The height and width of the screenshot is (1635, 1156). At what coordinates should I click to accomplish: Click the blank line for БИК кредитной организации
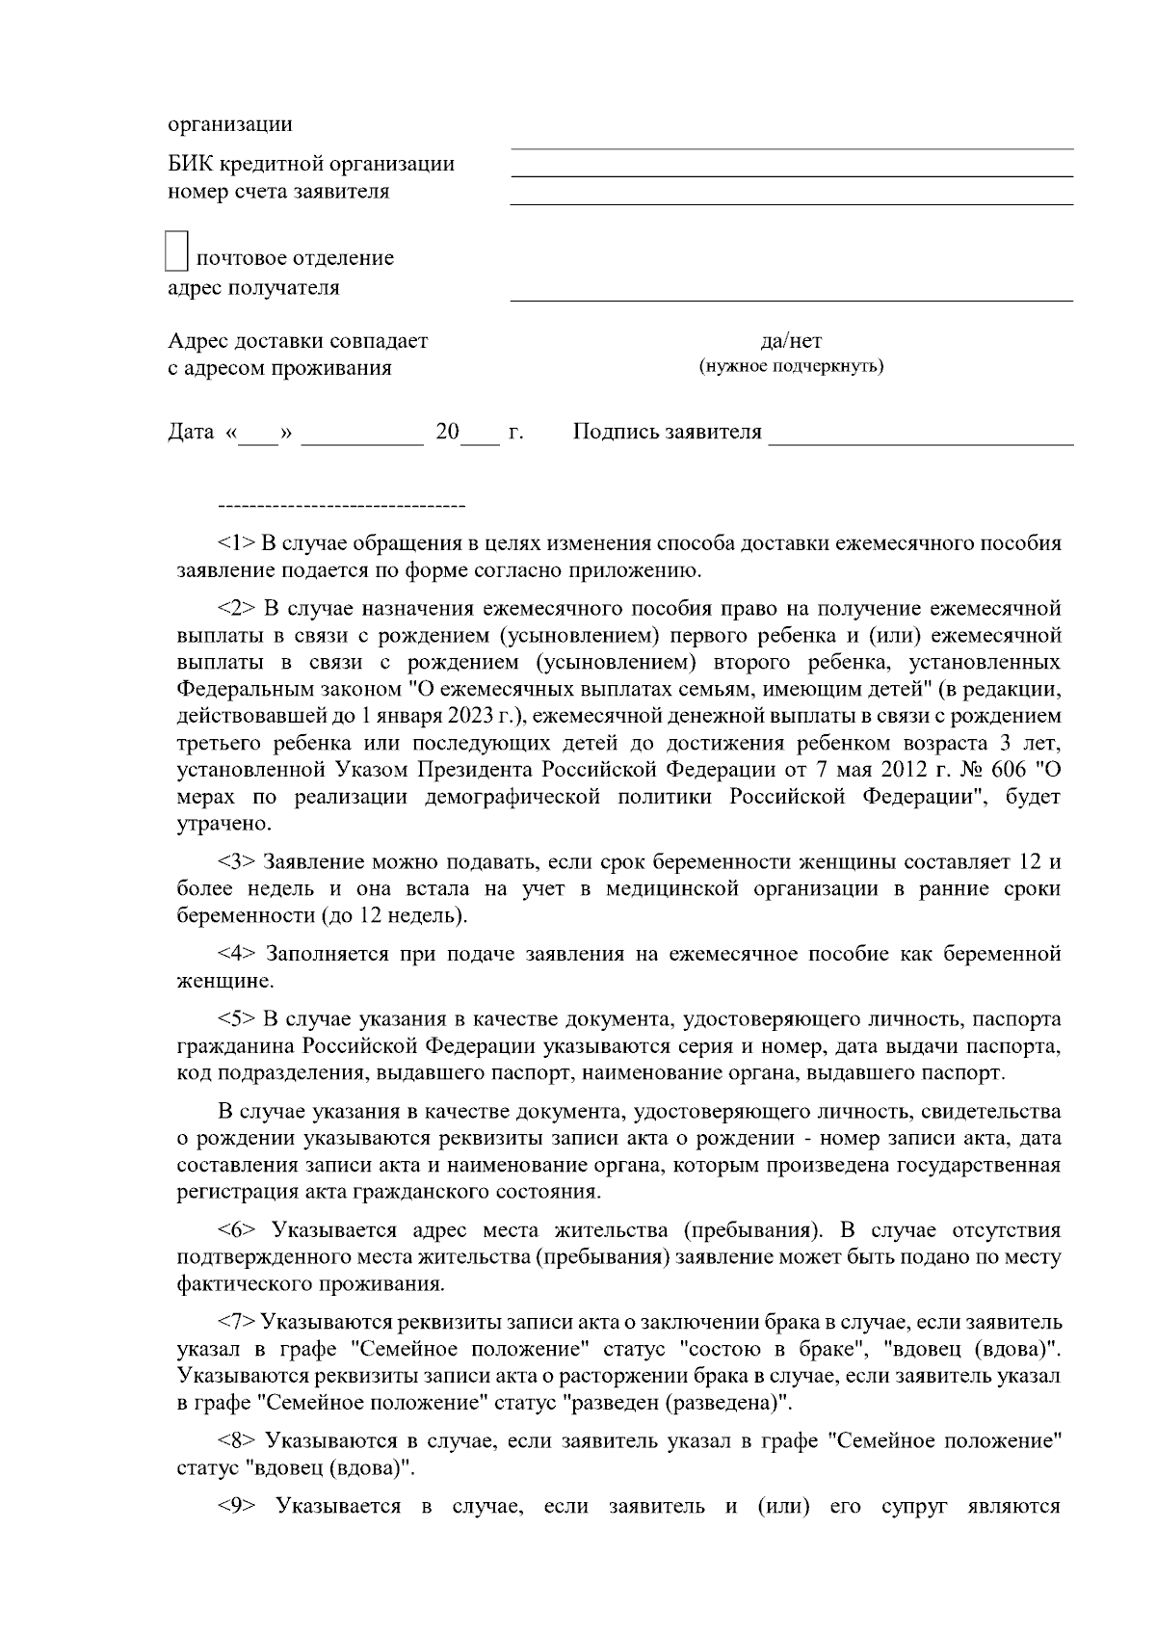click(x=790, y=175)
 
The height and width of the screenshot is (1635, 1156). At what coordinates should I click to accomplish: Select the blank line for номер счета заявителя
click(x=790, y=203)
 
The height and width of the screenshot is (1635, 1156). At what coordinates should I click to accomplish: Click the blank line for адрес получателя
click(x=790, y=300)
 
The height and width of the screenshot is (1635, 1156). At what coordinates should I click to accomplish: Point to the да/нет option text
click(x=791, y=341)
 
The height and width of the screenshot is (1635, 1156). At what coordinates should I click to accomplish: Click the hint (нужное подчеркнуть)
click(x=791, y=367)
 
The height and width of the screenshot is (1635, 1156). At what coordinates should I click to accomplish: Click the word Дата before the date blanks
click(x=191, y=432)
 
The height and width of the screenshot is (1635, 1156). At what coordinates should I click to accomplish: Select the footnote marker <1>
click(x=236, y=543)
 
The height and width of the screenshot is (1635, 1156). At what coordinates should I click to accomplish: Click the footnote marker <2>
click(x=236, y=609)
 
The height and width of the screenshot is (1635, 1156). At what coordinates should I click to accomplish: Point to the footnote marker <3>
click(x=236, y=861)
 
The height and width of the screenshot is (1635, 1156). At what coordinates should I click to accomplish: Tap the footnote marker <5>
click(x=236, y=1019)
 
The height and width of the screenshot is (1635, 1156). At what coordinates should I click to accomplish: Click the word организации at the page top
click(x=231, y=125)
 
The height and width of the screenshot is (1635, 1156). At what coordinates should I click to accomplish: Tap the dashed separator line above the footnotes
click(x=342, y=505)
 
